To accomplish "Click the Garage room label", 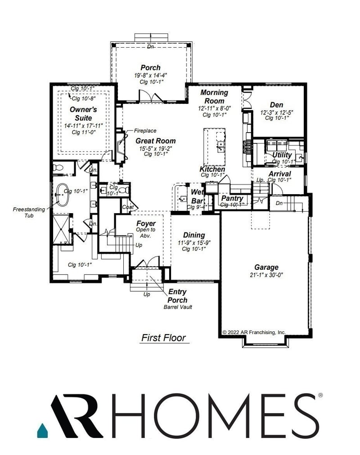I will (266, 267).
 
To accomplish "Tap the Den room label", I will (276, 104).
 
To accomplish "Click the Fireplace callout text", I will (145, 131).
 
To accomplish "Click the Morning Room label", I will (214, 97).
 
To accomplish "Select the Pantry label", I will (232, 198).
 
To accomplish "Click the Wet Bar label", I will (197, 196).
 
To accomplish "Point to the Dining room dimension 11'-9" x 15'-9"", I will (194, 243).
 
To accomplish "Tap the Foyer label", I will (146, 223).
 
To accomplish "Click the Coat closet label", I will (127, 207).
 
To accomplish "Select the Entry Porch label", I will (177, 296).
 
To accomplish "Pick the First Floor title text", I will (163, 338).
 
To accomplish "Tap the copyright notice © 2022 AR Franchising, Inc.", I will (254, 332).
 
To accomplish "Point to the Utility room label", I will (282, 155).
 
